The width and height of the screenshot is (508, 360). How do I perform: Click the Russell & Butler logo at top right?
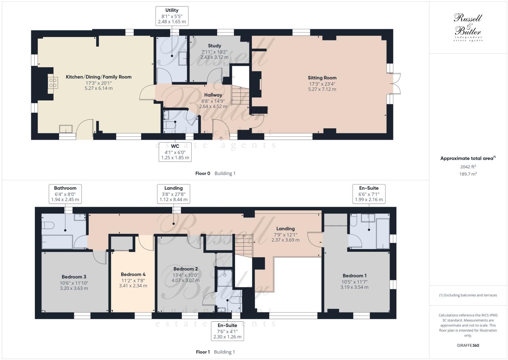click(468, 27)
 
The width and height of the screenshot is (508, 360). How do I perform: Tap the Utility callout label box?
click(172, 16)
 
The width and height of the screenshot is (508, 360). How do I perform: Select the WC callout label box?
click(175, 152)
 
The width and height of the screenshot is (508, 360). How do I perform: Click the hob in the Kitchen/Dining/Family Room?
click(53, 83)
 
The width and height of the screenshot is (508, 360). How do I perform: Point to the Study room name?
click(214, 45)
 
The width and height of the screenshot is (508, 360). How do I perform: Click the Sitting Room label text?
click(322, 78)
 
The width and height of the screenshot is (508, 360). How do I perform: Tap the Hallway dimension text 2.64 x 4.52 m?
click(213, 106)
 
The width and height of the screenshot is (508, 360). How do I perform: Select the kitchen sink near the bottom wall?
click(66, 129)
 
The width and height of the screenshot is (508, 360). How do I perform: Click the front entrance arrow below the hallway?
click(221, 138)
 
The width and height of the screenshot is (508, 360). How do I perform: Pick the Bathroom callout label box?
click(65, 194)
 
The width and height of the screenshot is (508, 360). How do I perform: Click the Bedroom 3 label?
click(74, 277)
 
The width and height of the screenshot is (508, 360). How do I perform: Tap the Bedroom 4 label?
click(133, 274)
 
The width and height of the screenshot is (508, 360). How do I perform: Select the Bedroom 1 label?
click(354, 276)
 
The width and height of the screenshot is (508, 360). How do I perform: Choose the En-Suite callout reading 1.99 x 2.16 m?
click(369, 194)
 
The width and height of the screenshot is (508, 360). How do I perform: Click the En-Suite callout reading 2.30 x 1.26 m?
click(227, 331)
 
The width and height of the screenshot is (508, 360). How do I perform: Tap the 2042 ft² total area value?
click(468, 166)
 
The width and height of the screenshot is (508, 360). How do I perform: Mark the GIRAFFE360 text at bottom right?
click(468, 345)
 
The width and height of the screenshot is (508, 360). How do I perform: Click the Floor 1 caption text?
click(203, 352)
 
